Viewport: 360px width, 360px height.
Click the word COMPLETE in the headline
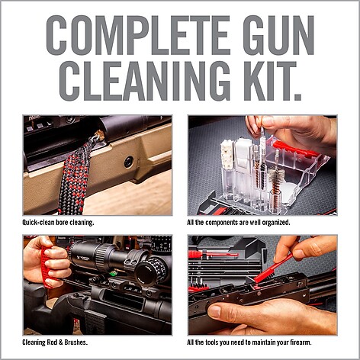click(x=128, y=35)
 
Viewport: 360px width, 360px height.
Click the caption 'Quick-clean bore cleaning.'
click(x=58, y=223)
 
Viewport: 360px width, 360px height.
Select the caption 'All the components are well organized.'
click(x=239, y=223)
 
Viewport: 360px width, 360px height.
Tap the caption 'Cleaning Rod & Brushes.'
click(x=55, y=342)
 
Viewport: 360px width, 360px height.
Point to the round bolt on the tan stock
click(x=129, y=162)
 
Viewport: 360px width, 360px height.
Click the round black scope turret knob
click(x=148, y=272)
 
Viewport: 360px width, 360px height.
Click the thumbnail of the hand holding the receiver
click(x=262, y=284)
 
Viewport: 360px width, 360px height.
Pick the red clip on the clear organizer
click(x=292, y=148)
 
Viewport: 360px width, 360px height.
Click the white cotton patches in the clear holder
click(x=227, y=153)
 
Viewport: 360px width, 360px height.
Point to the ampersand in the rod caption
click(x=61, y=342)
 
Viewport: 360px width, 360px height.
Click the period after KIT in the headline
click(x=297, y=97)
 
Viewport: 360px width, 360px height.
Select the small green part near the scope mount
click(x=111, y=274)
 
